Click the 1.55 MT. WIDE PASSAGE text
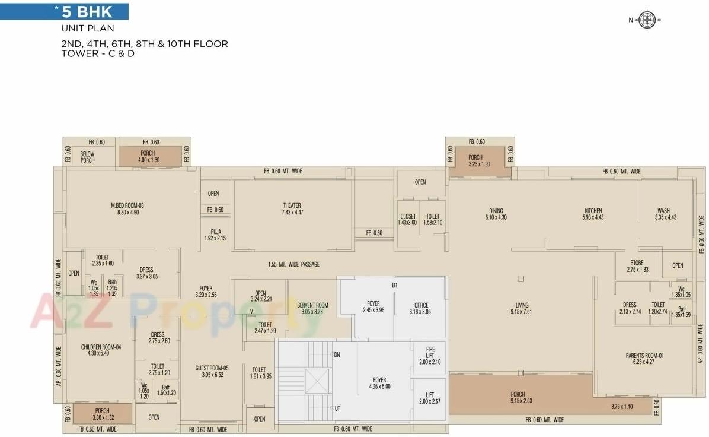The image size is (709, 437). point(293,264)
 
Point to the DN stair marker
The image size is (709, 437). point(337,354)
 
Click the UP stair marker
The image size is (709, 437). point(337,408)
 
